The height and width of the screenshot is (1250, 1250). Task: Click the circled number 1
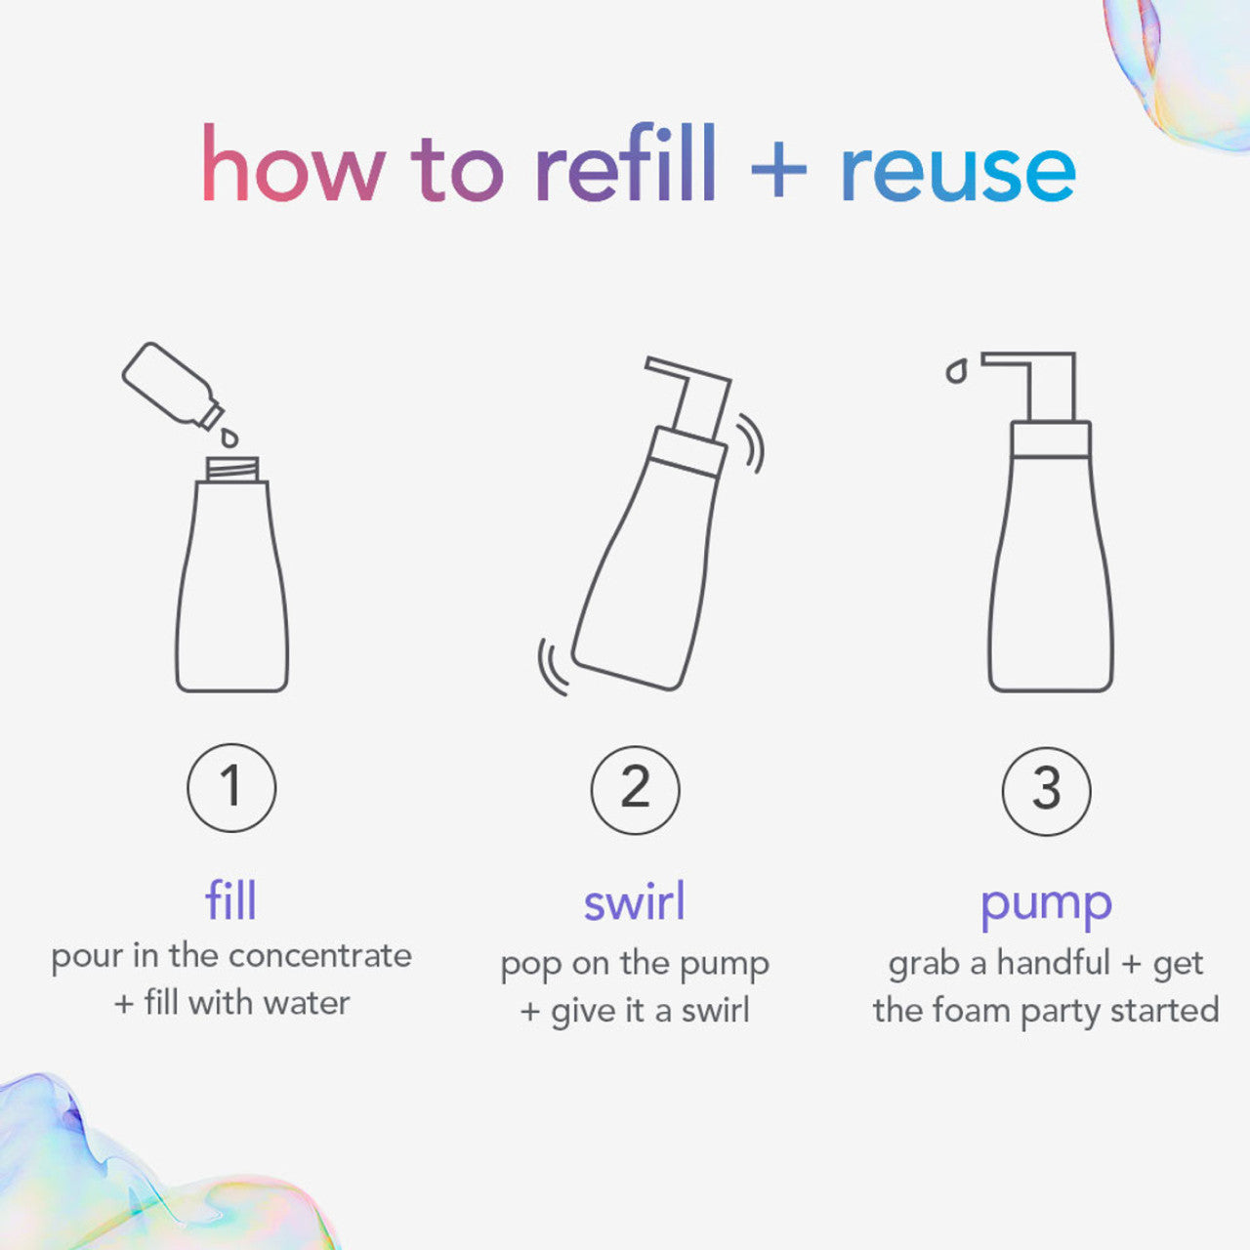231,787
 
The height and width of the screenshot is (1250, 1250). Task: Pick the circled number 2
635,789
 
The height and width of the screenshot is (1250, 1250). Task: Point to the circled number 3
1046,790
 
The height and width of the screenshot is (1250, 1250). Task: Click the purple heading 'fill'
230,899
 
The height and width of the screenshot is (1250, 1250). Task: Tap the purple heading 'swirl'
635,901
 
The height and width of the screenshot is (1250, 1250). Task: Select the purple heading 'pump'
1046,904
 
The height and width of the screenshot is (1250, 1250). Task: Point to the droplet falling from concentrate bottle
229,437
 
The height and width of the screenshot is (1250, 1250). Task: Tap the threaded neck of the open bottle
232,469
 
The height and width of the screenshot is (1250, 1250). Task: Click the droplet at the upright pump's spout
956,371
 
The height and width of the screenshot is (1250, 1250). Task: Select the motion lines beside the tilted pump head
750,444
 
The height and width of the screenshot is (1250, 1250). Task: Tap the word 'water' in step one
307,1003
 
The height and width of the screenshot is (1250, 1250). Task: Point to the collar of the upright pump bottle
1051,439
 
